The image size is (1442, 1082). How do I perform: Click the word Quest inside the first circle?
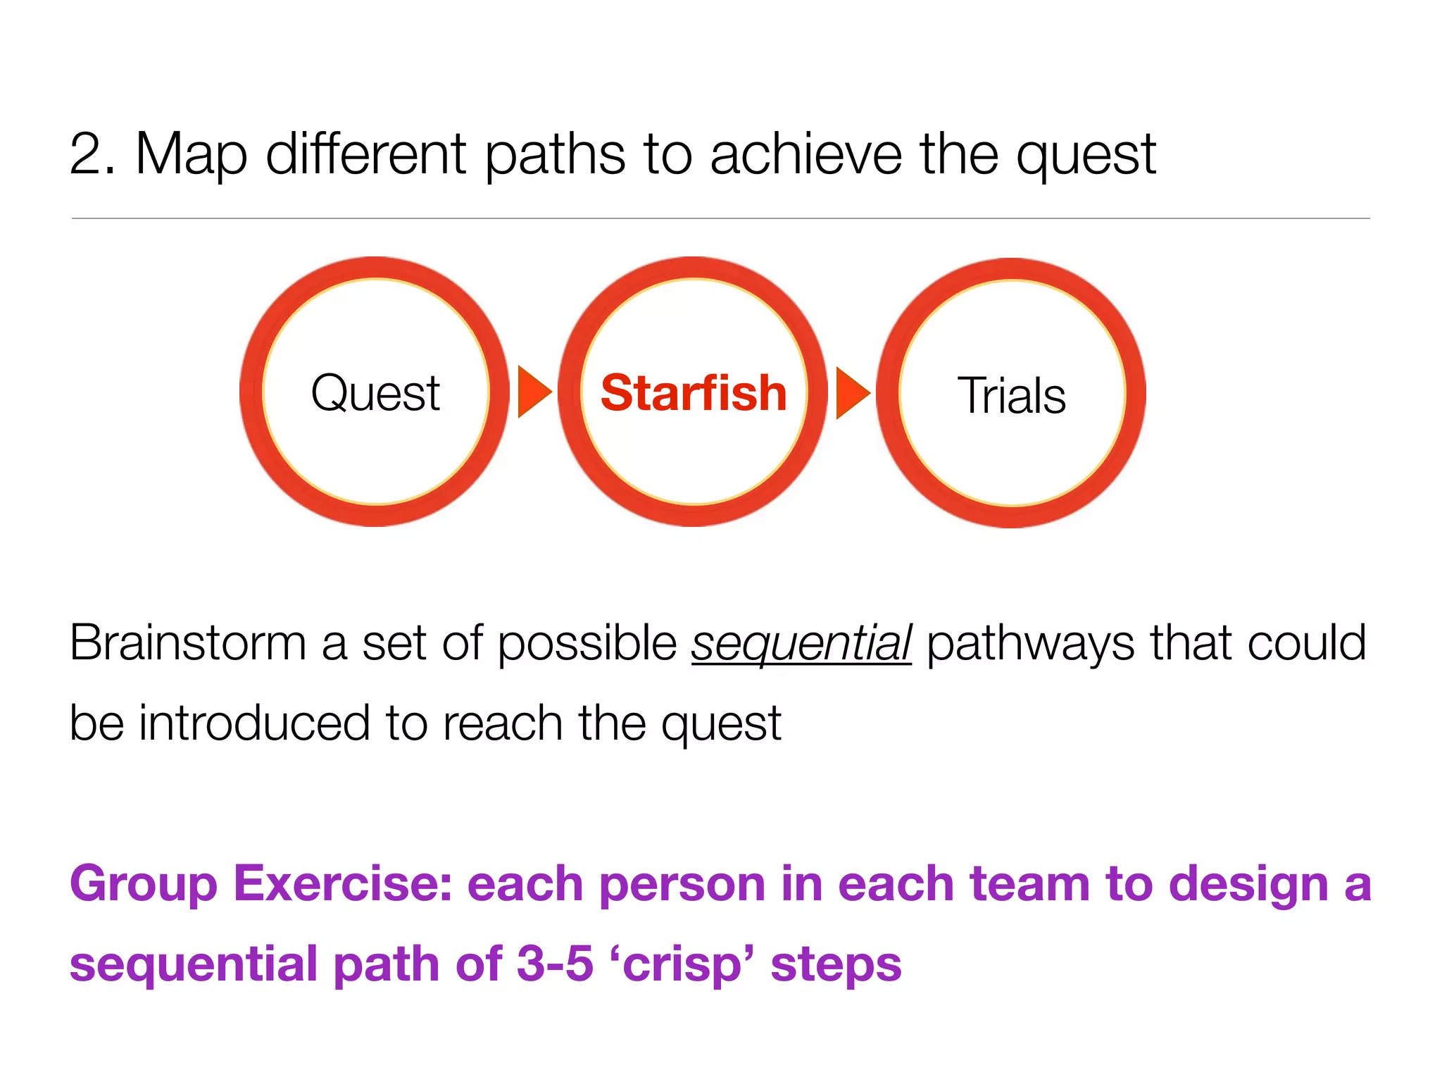(x=375, y=393)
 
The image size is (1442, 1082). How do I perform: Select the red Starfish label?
(x=694, y=393)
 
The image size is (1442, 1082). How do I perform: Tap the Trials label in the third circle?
(x=1011, y=395)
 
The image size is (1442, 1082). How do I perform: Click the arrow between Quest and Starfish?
(x=533, y=392)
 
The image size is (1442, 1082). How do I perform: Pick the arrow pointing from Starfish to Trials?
(x=851, y=392)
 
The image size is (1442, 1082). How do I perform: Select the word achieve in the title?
(x=805, y=154)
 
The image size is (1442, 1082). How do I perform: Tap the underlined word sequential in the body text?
(x=801, y=643)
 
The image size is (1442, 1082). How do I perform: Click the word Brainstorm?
(x=187, y=642)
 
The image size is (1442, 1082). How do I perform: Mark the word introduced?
(x=254, y=723)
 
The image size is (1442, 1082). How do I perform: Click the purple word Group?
(x=144, y=885)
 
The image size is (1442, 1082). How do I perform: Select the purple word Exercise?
(x=343, y=883)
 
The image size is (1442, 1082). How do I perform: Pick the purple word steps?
(x=836, y=965)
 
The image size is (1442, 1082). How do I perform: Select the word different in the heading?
(x=366, y=154)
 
